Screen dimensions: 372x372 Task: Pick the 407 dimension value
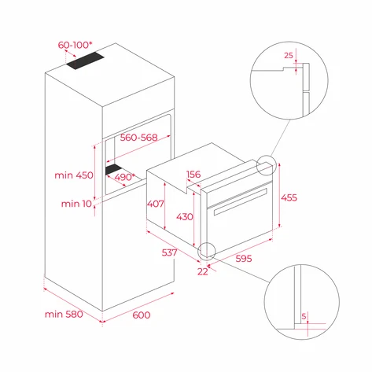pyautogui.click(x=157, y=204)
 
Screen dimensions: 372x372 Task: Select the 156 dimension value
pyautogui.click(x=193, y=175)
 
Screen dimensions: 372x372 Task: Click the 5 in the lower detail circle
pyautogui.click(x=304, y=317)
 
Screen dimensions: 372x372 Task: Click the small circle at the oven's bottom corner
pyautogui.click(x=207, y=250)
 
